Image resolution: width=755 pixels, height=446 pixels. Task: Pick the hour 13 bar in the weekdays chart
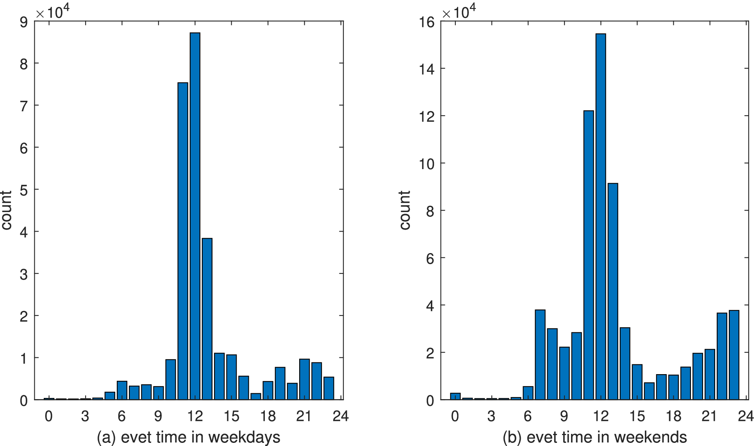tap(207, 319)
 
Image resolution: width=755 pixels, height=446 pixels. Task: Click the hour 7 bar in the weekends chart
tap(540, 355)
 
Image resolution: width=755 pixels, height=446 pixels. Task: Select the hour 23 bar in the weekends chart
tap(734, 355)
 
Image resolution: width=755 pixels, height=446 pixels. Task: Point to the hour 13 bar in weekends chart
tap(613, 291)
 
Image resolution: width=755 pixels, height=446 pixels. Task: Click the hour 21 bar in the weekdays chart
tap(304, 379)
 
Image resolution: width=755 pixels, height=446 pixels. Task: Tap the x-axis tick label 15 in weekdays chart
tap(231, 416)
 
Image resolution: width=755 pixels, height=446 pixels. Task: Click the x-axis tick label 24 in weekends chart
tap(746, 416)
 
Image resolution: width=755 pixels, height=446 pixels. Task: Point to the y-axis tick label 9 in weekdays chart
tap(24, 22)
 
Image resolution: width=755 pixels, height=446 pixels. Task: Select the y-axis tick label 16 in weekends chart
tap(427, 22)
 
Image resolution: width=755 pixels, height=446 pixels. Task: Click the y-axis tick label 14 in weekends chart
tap(427, 70)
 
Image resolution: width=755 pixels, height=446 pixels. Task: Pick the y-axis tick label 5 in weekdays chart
tap(24, 190)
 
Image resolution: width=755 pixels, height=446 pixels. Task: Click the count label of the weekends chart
tap(405, 210)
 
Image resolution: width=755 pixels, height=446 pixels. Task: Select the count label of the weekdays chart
tap(6, 210)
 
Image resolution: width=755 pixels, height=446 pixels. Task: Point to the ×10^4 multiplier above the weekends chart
tap(459, 12)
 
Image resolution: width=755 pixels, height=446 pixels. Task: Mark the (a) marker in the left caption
tap(106, 437)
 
